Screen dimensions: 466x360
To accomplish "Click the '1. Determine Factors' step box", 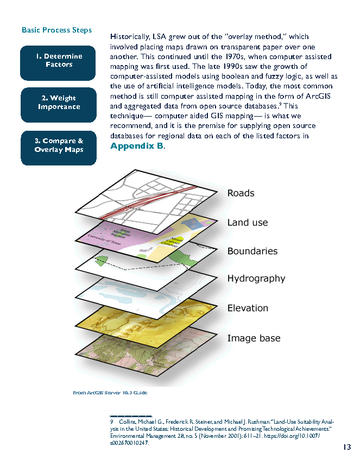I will click(x=59, y=61).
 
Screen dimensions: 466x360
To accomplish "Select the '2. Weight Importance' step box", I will click(x=59, y=103).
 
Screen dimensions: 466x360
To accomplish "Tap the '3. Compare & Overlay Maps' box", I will click(x=59, y=145).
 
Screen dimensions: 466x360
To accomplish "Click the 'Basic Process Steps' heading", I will click(x=56, y=30).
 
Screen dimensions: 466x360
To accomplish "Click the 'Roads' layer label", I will click(x=241, y=193).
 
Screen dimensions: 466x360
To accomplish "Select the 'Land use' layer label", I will click(x=247, y=222).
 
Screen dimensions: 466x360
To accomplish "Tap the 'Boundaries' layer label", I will click(x=252, y=251).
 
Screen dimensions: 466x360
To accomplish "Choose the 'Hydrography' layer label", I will click(x=256, y=278).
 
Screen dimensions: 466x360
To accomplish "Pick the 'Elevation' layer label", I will click(x=248, y=308).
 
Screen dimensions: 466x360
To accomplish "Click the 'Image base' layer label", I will click(x=254, y=338).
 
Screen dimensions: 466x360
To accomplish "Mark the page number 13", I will click(x=347, y=447).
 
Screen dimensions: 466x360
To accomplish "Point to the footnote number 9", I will click(x=111, y=421).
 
